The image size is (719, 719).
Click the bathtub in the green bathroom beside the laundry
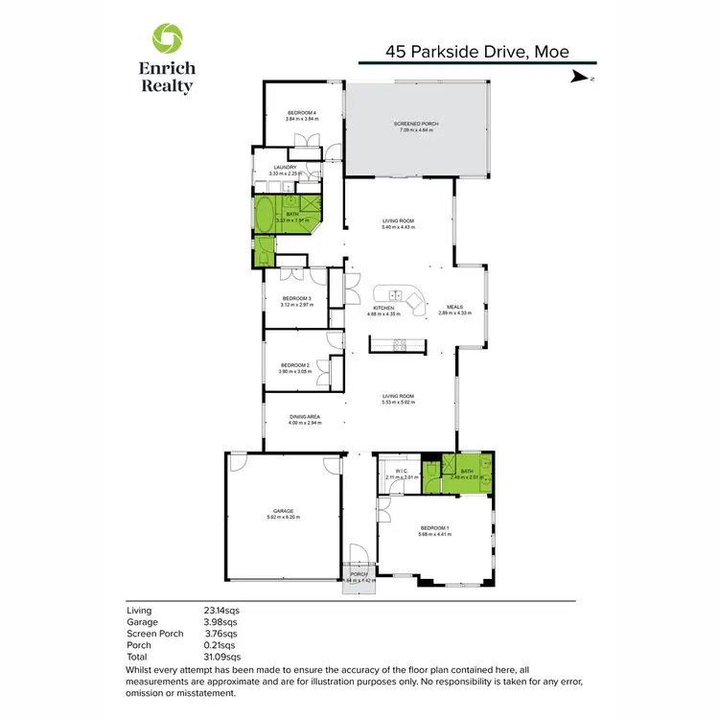coord(263,216)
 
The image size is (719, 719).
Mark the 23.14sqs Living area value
coord(221,610)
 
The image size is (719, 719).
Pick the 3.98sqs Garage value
coord(220,621)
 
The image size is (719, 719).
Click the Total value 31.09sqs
coord(222,656)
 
